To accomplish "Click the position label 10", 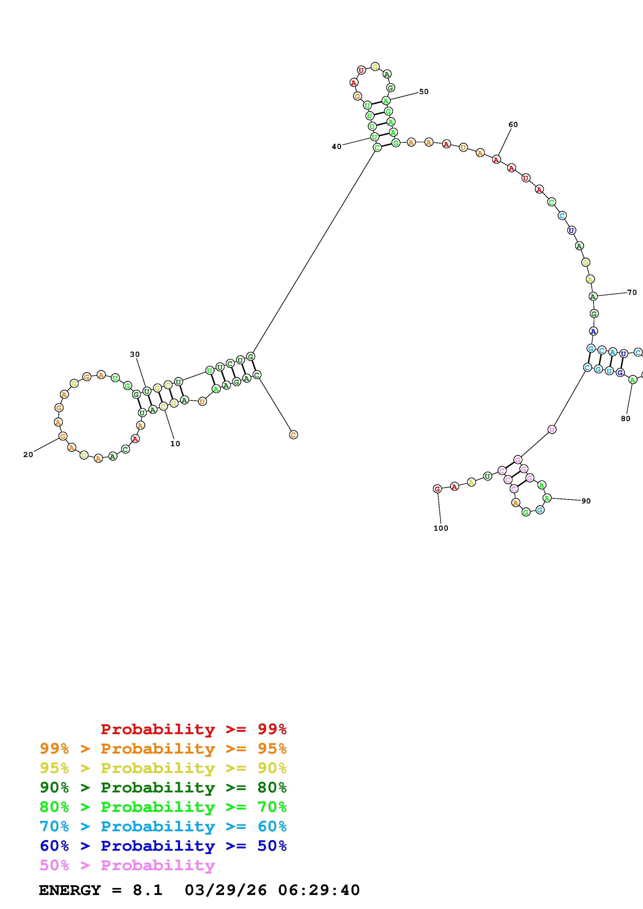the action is point(175,444).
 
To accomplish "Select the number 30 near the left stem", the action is point(135,354).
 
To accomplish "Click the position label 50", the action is point(424,92).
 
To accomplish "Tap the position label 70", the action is point(632,293).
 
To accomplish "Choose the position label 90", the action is point(586,501).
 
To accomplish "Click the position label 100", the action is point(441,528).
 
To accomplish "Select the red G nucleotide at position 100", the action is point(437,489).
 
